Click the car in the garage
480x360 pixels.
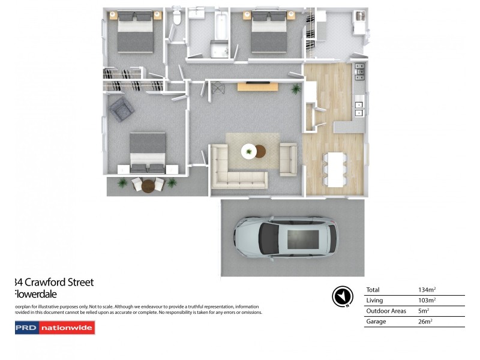pyautogui.click(x=287, y=239)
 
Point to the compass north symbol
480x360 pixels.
pyautogui.click(x=341, y=296)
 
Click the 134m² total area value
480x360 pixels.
pyautogui.click(x=427, y=290)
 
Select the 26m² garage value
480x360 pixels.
pyautogui.click(x=425, y=322)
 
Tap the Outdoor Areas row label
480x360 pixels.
pyautogui.click(x=386, y=311)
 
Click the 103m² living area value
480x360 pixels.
pyautogui.click(x=427, y=300)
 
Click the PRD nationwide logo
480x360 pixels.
pyautogui.click(x=55, y=328)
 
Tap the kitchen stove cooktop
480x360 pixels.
pyautogui.click(x=359, y=72)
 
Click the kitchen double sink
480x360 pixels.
pyautogui.click(x=359, y=109)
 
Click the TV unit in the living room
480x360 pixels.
pyautogui.click(x=257, y=86)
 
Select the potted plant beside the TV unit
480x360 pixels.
pyautogui.click(x=295, y=89)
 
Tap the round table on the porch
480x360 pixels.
pyautogui.click(x=147, y=185)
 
